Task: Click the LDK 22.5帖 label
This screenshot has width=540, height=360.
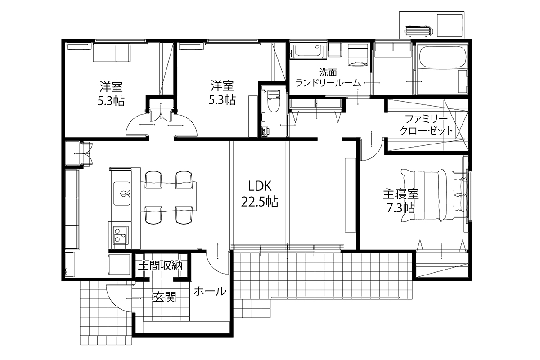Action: (260, 194)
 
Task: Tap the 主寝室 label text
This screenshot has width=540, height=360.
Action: (400, 194)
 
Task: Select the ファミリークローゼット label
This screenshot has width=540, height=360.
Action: (426, 125)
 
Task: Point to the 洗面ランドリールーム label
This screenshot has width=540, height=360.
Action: (328, 77)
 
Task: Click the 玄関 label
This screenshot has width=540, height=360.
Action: (165, 297)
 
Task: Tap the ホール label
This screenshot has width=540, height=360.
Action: (210, 291)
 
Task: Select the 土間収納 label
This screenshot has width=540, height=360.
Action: (160, 265)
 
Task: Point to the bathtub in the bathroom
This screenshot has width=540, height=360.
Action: (442, 56)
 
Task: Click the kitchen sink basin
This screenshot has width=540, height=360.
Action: (122, 193)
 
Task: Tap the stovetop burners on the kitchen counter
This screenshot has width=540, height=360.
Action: (120, 235)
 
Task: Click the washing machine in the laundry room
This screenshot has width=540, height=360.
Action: (358, 55)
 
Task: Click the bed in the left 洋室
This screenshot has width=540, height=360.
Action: (112, 52)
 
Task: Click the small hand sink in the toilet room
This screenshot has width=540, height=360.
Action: (265, 131)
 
